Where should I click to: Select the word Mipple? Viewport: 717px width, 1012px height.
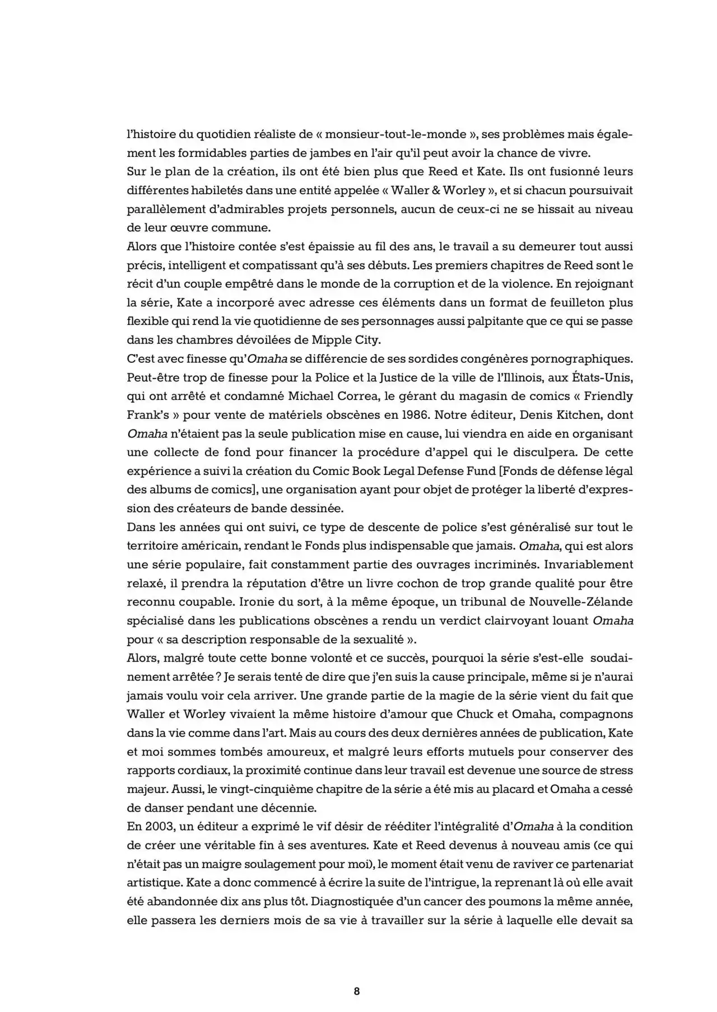click(328, 340)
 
